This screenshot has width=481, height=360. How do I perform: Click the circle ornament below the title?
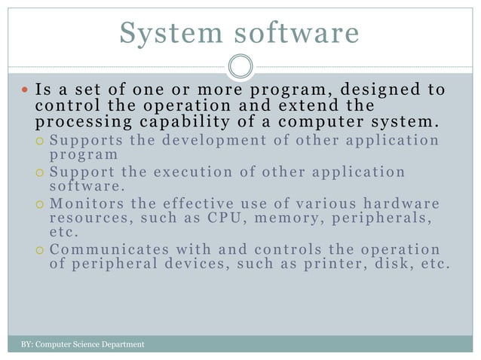point(240,66)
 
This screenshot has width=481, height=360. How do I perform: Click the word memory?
point(282,219)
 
